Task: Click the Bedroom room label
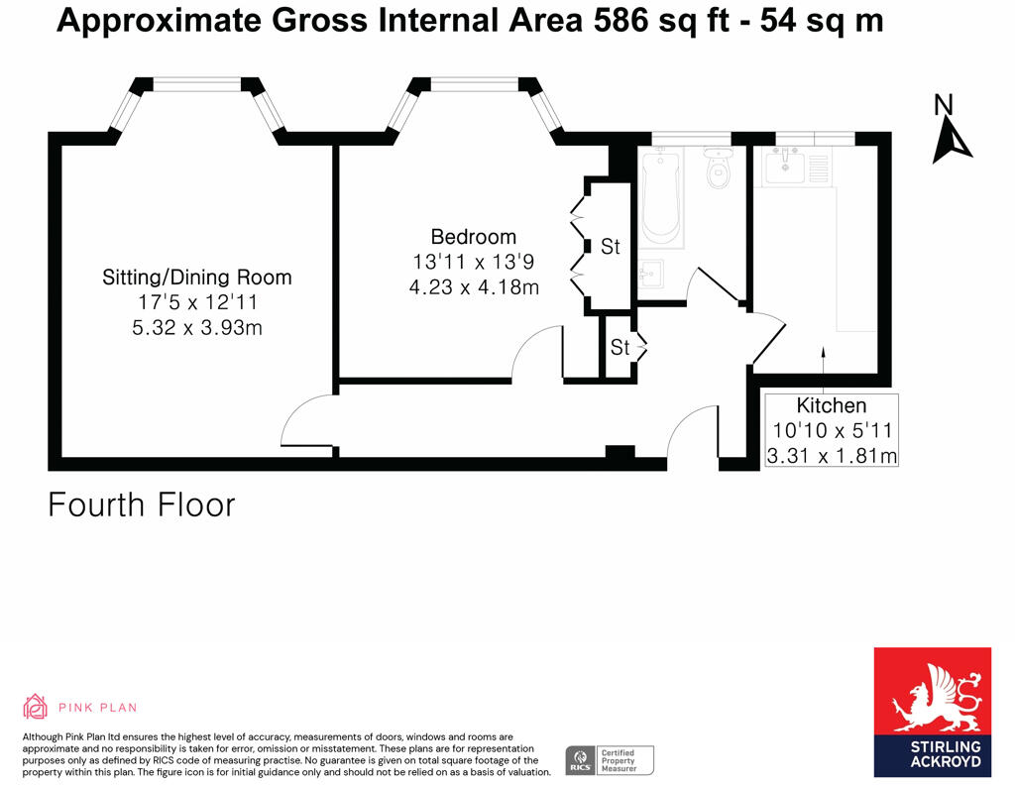(x=473, y=237)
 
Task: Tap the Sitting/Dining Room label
(x=197, y=278)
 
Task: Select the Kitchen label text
(x=832, y=405)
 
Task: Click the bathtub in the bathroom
(x=660, y=198)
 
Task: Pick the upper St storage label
(x=610, y=247)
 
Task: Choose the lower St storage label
(x=620, y=348)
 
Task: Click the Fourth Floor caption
(x=142, y=505)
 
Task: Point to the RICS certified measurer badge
(x=610, y=760)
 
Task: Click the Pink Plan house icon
(x=36, y=707)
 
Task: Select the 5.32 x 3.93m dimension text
(x=197, y=327)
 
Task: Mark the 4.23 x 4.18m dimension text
(x=473, y=288)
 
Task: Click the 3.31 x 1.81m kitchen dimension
(x=832, y=456)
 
